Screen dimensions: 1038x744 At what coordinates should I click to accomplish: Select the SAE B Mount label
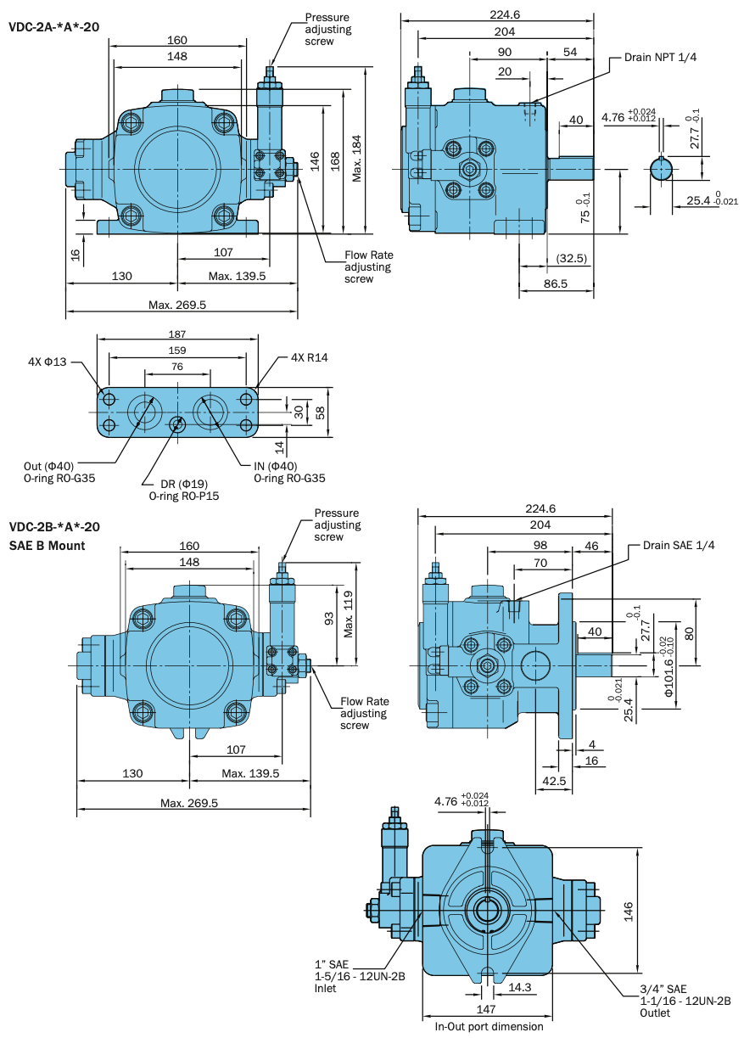(x=47, y=546)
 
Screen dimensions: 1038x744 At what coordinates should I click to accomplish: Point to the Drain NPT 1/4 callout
(x=661, y=57)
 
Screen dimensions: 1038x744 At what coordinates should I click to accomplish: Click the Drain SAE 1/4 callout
(x=679, y=545)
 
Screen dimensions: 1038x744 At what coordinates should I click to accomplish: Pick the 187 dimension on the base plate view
(x=176, y=334)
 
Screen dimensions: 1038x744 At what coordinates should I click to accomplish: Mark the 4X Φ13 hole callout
(x=47, y=362)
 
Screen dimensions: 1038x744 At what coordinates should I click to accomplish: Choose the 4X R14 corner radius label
(x=309, y=357)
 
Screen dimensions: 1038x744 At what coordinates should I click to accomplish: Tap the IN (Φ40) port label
(x=276, y=466)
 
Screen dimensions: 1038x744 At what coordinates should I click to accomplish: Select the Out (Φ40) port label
(x=49, y=466)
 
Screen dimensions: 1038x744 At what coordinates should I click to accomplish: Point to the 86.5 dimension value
(x=555, y=284)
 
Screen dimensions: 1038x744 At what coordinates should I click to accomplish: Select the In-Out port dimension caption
(x=489, y=1026)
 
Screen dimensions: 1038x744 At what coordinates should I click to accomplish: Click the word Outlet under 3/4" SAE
(x=655, y=1013)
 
